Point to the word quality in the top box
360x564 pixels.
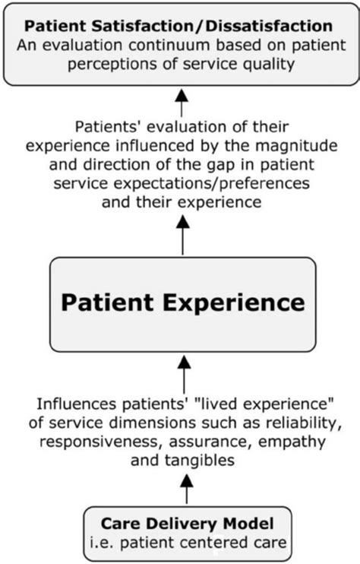click(x=267, y=65)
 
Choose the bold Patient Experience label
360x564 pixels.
click(x=182, y=303)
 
